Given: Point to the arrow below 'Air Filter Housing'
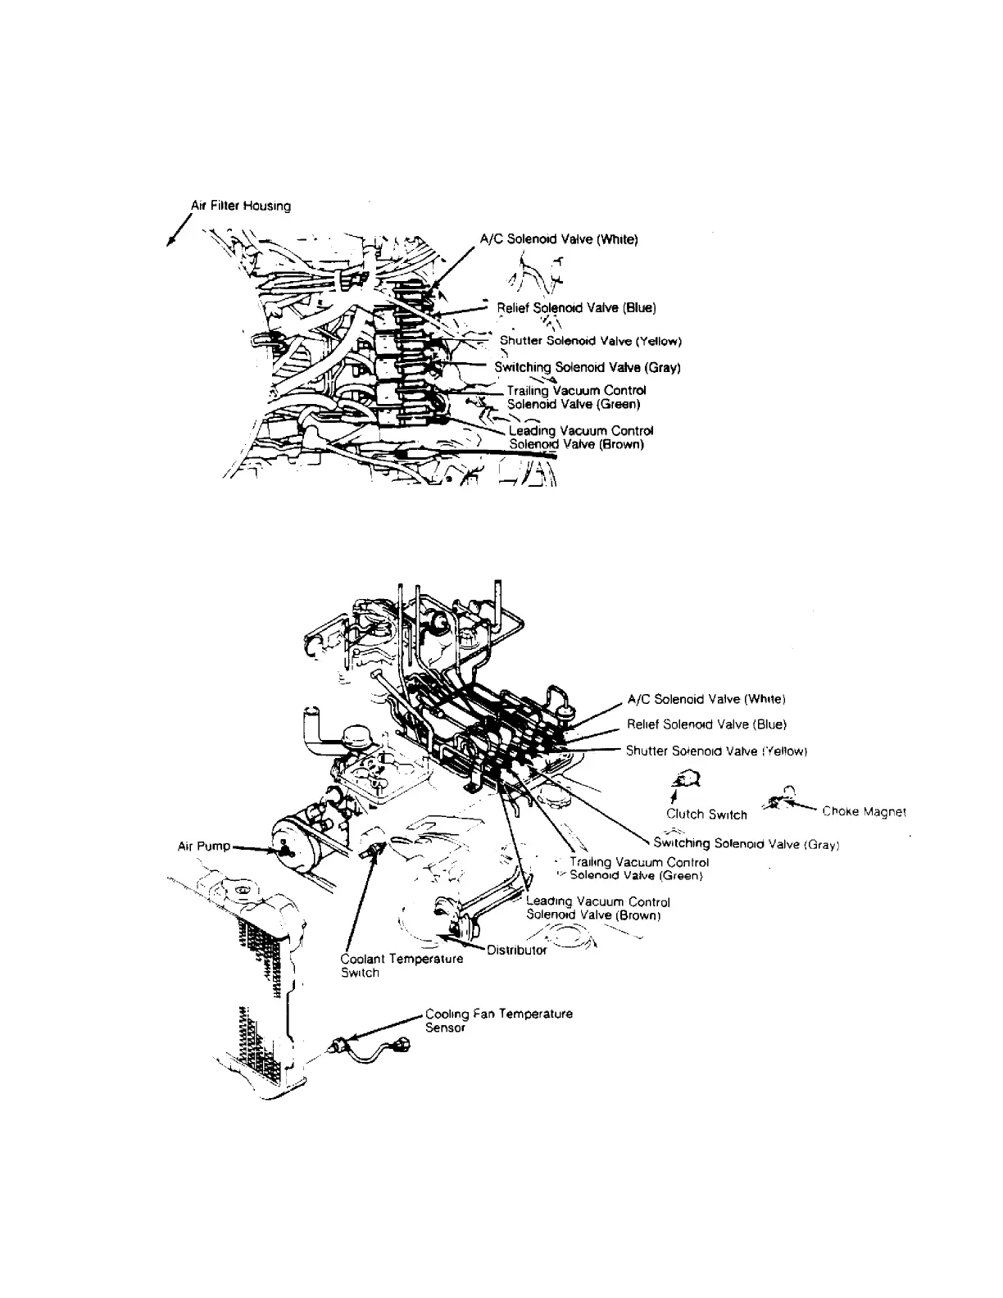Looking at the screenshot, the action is tap(175, 229).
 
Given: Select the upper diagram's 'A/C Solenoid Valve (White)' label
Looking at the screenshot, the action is tap(559, 239).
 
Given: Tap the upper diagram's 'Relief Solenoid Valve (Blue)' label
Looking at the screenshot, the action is tap(577, 308).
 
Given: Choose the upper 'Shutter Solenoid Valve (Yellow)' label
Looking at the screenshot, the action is tap(591, 341).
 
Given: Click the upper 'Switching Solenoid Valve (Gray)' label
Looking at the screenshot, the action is tap(588, 368).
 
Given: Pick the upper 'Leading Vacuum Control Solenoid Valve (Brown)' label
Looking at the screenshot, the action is tap(580, 438).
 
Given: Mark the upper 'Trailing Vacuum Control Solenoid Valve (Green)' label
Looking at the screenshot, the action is tap(576, 397).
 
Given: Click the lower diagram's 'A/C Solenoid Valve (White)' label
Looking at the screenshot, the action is tap(706, 700).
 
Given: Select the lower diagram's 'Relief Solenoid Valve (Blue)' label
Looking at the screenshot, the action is tap(706, 724).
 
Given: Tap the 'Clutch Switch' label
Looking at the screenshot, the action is tap(706, 815).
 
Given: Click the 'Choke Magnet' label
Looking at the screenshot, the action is tap(864, 812).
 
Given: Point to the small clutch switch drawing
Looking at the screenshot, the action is tap(684, 780).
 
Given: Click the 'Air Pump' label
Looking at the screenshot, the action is tap(204, 846).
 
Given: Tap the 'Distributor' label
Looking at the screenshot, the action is tap(516, 951).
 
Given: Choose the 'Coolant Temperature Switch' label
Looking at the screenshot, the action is tap(402, 965).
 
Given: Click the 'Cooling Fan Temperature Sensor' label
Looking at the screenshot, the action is tap(498, 1020).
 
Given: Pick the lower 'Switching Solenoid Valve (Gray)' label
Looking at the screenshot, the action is tap(747, 843).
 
